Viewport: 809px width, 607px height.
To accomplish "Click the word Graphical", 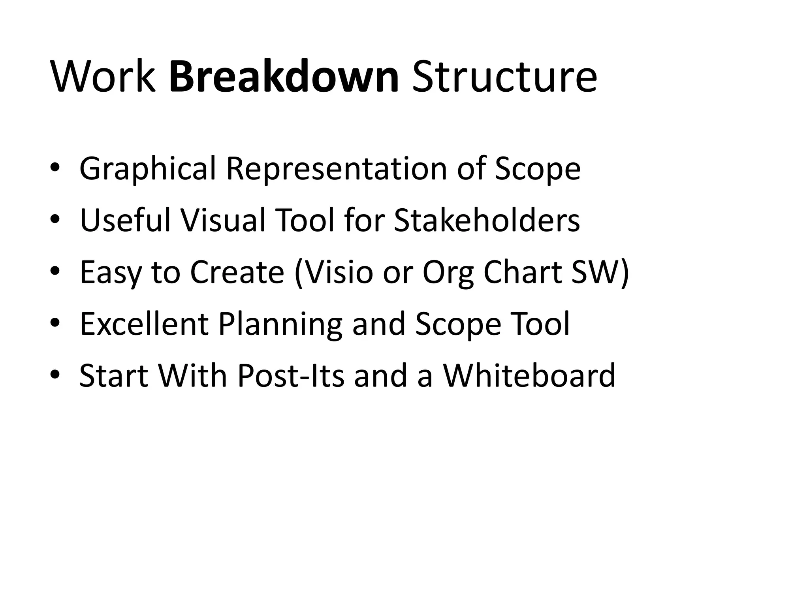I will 148,169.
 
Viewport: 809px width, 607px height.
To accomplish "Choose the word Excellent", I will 144,324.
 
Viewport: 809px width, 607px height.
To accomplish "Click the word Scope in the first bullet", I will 538,169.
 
